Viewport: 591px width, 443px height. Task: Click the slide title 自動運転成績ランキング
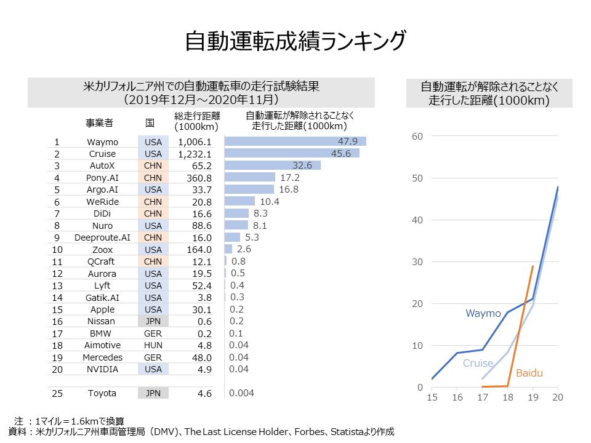tap(295, 41)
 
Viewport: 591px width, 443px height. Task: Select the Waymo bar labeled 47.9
tap(295, 142)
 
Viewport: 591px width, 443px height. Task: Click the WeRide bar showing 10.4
tap(239, 201)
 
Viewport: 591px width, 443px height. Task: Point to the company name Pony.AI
tap(102, 178)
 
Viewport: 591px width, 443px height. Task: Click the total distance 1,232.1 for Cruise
tap(194, 154)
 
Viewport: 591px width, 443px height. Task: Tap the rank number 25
tap(57, 393)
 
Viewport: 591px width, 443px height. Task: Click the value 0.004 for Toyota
tap(241, 393)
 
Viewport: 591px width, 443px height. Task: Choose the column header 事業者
tap(99, 123)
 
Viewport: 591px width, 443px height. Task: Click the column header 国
tap(150, 123)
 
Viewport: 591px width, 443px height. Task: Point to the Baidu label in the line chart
tap(529, 373)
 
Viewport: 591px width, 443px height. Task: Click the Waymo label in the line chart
tap(483, 314)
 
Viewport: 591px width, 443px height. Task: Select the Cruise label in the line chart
tap(478, 363)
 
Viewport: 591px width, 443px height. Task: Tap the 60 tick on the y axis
tap(417, 136)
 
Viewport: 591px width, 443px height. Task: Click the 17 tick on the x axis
tap(482, 398)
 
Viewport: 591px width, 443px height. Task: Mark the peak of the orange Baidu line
tap(533, 266)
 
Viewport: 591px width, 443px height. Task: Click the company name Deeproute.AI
tap(102, 237)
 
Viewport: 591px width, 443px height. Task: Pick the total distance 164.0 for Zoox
tap(199, 250)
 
